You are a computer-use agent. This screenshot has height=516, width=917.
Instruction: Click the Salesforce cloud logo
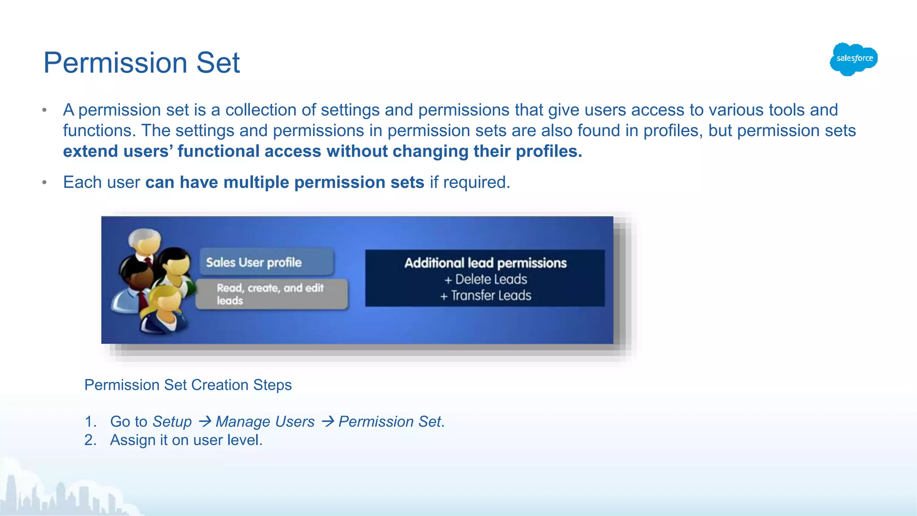pos(853,59)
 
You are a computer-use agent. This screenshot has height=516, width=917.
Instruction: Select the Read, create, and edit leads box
pos(271,294)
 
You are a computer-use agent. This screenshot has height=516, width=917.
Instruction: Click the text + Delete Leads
pos(486,279)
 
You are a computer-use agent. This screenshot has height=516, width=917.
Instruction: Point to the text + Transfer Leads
pos(486,296)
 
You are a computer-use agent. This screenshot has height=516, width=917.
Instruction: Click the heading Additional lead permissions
pos(485,263)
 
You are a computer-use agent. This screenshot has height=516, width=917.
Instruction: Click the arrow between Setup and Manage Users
pos(205,421)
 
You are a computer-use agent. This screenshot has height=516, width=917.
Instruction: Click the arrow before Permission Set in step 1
pos(327,421)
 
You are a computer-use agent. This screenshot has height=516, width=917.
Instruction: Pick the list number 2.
pos(90,440)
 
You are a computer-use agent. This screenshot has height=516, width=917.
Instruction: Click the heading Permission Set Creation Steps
pos(188,385)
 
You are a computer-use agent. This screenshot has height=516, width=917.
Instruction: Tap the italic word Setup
pos(172,421)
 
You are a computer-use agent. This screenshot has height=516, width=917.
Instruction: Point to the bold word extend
pos(90,151)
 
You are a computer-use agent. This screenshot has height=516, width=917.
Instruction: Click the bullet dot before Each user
pos(44,182)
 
